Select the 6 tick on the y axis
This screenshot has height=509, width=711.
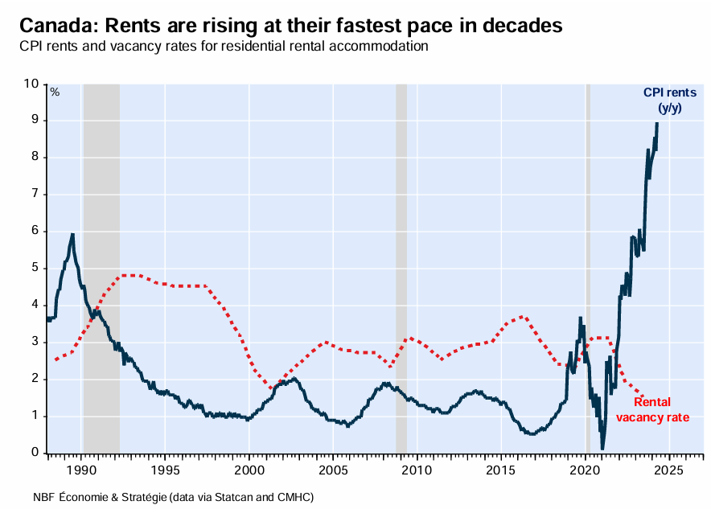click(x=35, y=231)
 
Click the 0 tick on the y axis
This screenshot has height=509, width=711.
click(x=35, y=453)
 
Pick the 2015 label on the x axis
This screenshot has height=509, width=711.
click(x=501, y=469)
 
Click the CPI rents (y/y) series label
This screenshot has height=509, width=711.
click(x=669, y=101)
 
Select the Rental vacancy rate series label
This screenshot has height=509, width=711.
click(x=652, y=409)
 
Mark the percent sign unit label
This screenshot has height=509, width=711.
click(x=55, y=92)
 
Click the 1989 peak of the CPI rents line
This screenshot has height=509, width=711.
click(x=73, y=235)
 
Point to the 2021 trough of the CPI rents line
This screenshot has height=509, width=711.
click(x=602, y=448)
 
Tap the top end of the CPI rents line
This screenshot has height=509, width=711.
click(x=657, y=123)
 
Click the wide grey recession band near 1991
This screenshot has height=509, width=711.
click(x=101, y=265)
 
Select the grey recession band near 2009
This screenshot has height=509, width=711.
click(x=401, y=265)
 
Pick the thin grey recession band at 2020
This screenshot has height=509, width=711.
click(x=588, y=265)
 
